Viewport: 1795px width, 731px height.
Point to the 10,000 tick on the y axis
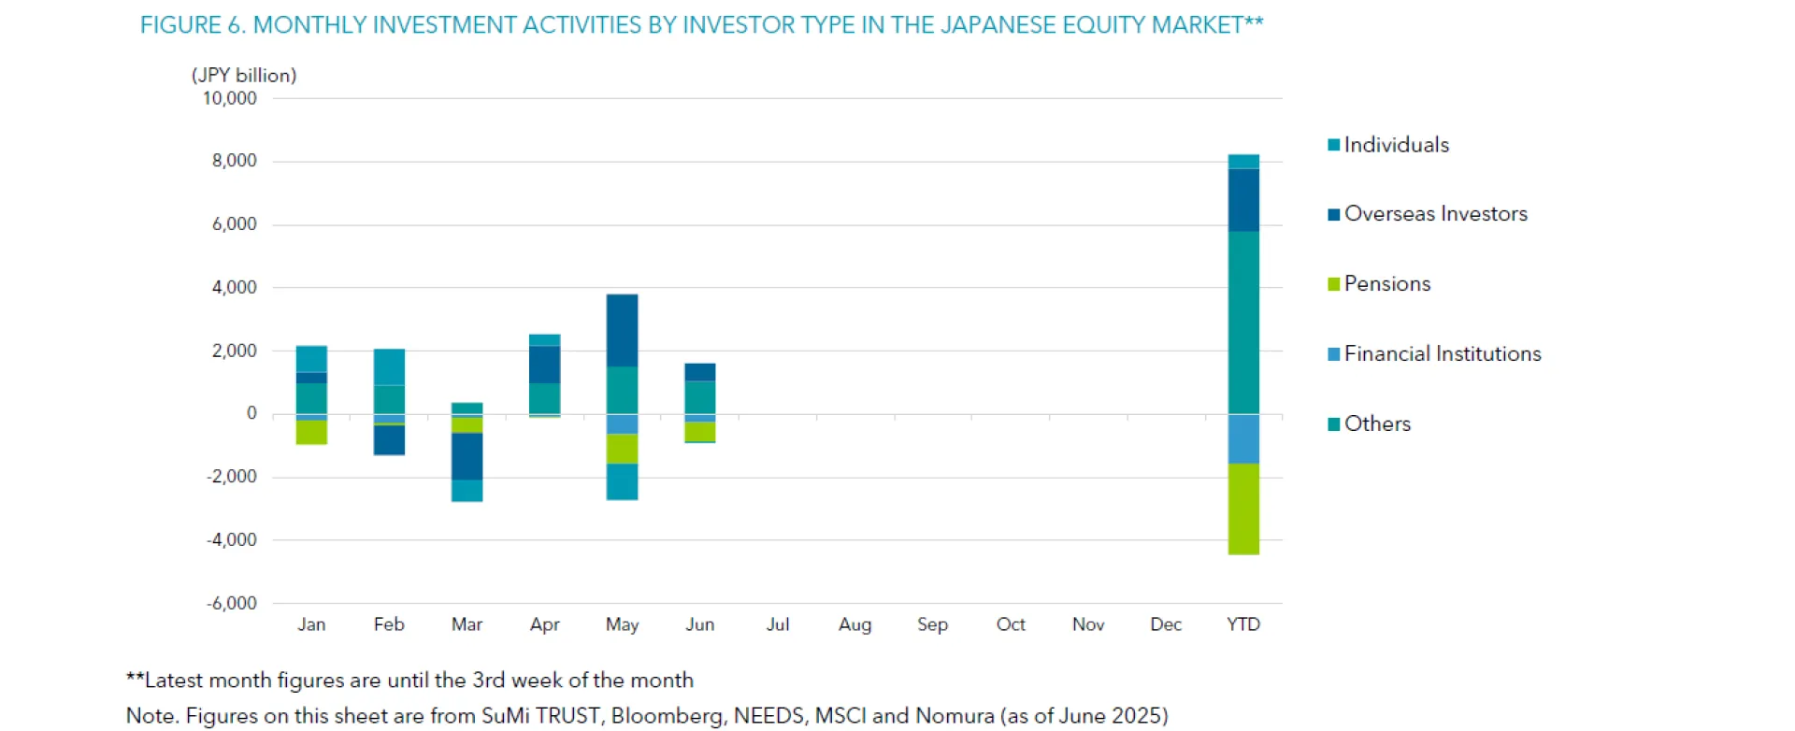[x=230, y=98]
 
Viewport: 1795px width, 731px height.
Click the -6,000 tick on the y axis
[x=232, y=603]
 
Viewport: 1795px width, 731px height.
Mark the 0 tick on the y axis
[x=251, y=413]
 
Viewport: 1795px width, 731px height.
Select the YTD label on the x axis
[x=1242, y=624]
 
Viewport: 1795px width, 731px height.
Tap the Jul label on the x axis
[x=777, y=624]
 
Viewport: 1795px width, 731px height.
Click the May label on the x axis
[x=622, y=624]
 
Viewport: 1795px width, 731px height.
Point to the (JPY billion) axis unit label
[x=244, y=76]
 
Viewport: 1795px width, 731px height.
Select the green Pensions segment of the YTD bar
[x=1242, y=509]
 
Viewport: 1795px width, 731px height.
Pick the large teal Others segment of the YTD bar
[x=1242, y=322]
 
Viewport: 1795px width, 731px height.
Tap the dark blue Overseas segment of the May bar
[x=622, y=330]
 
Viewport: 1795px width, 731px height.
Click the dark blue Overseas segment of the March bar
[x=467, y=456]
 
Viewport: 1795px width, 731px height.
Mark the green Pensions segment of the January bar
[x=311, y=432]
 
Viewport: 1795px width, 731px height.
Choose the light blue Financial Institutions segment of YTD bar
[x=1242, y=438]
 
